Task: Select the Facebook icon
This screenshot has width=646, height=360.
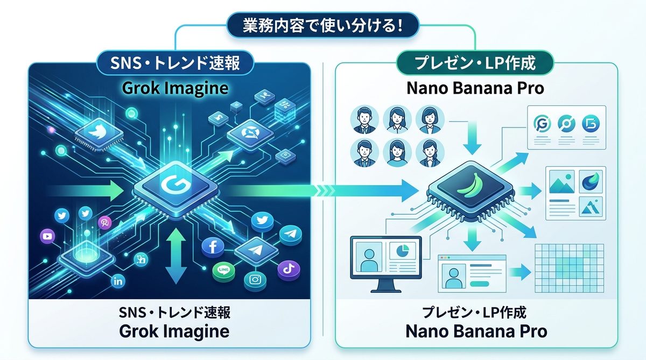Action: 212,248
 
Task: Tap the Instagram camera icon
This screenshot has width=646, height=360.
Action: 255,279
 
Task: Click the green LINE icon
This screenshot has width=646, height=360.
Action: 222,270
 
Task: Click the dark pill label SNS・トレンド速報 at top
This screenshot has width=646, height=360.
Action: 174,63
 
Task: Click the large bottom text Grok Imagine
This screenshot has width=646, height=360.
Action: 174,330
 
